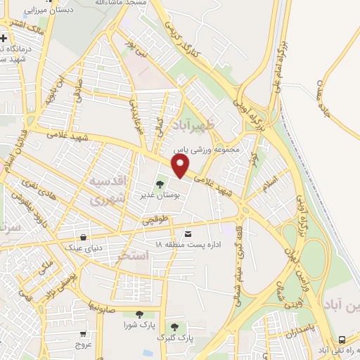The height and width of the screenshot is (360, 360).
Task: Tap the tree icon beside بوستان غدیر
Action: point(159,185)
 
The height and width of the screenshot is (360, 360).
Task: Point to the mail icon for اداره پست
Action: point(187,233)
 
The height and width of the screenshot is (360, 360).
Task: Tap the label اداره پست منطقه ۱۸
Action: point(187,244)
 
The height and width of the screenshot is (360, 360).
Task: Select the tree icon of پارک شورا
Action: point(139,315)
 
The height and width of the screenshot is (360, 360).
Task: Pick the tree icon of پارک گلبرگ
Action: point(174,327)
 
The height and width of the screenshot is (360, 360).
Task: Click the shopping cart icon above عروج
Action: point(84,334)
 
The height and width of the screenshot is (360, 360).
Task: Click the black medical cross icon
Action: point(4,38)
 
